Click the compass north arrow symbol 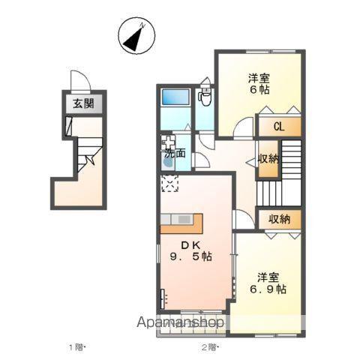136,35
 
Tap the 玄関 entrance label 84,103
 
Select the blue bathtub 175,97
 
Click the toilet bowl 205,98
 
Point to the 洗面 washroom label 175,154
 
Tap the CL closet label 279,127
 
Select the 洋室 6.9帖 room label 268,283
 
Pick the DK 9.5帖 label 191,250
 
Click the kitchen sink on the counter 184,220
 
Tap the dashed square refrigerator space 169,184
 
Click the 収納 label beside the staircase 268,159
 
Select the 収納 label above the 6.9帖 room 280,219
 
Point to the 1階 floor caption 77,347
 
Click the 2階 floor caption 210,347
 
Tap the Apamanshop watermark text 181,322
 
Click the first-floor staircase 90,154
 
